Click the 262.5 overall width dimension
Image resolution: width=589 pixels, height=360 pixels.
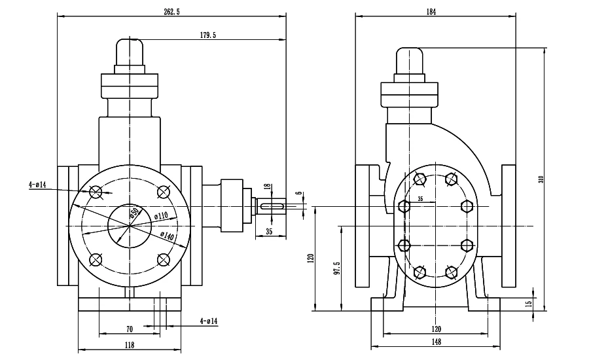pyautogui.click(x=171, y=12)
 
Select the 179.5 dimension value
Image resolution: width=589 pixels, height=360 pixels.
pyautogui.click(x=208, y=35)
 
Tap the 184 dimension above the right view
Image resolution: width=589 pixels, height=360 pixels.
pyautogui.click(x=431, y=12)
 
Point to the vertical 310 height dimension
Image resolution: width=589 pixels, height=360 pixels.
pyautogui.click(x=541, y=179)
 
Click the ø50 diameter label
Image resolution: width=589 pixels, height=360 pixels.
pyautogui.click(x=134, y=213)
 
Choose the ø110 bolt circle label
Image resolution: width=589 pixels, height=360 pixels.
pyautogui.click(x=161, y=216)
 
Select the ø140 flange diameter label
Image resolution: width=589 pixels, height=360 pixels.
pyautogui.click(x=167, y=236)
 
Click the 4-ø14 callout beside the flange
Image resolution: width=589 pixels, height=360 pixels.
pyautogui.click(x=37, y=185)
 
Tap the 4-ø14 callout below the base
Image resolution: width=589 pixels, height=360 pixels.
pyautogui.click(x=209, y=321)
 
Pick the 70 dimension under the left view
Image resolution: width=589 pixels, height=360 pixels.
pyautogui.click(x=130, y=329)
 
